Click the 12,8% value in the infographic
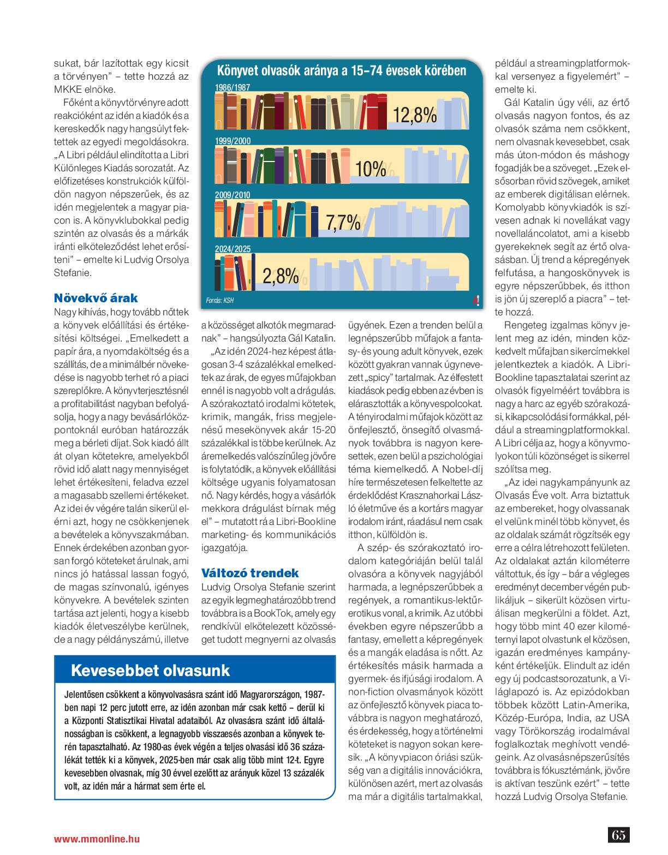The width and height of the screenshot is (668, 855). tap(415, 115)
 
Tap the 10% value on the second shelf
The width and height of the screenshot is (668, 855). tap(371, 169)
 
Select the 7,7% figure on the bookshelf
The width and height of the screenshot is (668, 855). tap(343, 223)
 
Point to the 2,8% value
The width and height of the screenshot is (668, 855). tap(281, 276)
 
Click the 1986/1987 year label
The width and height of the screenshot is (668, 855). tap(232, 87)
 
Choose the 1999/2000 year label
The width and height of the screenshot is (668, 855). tap(233, 141)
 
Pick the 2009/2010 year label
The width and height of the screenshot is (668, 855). tap(232, 195)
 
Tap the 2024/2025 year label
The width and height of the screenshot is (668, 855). tap(233, 249)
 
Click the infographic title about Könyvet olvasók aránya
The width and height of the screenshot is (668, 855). tap(342, 71)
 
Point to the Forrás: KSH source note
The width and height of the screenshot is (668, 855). tap(220, 301)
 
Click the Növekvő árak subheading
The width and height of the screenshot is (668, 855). tap(96, 298)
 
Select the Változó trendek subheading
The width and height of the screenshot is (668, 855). tap(250, 573)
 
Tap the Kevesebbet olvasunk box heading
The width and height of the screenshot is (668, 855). tap(150, 671)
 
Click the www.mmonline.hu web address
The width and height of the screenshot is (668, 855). tap(97, 839)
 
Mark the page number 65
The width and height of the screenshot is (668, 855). tap(618, 835)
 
